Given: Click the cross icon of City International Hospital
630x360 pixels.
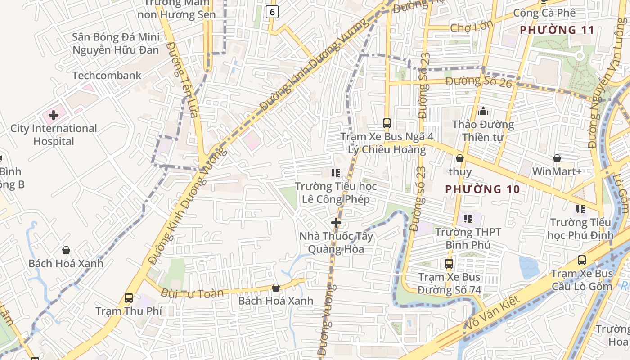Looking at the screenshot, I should (54, 115).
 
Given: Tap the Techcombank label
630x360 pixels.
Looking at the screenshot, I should (107, 76).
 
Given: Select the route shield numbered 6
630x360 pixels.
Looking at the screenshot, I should (272, 12).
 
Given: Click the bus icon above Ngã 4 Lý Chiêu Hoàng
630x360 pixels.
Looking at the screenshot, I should (387, 123).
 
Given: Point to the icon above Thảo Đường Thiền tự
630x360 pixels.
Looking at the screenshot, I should (483, 111).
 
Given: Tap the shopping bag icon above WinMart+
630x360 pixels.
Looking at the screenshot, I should (557, 158).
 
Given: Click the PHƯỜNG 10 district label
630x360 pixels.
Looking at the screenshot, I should (482, 189).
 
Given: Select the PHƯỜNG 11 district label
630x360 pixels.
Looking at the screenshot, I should (557, 30).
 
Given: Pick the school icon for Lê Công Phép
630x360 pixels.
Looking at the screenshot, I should (335, 173).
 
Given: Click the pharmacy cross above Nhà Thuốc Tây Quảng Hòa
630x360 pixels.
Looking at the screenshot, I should (336, 223).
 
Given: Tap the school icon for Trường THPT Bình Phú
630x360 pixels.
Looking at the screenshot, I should (468, 219).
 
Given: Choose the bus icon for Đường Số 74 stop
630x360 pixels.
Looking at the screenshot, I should (449, 264).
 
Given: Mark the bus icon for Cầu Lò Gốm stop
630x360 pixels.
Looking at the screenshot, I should (582, 260).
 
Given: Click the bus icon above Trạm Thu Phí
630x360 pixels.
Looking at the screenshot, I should (129, 298).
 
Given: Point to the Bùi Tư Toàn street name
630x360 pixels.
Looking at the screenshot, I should (192, 293).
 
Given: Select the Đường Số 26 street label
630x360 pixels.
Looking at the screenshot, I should (479, 82).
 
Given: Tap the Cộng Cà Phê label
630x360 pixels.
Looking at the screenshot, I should (544, 13).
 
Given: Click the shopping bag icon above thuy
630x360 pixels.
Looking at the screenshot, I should (460, 158).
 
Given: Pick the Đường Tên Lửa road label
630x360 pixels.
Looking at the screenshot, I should (182, 80).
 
